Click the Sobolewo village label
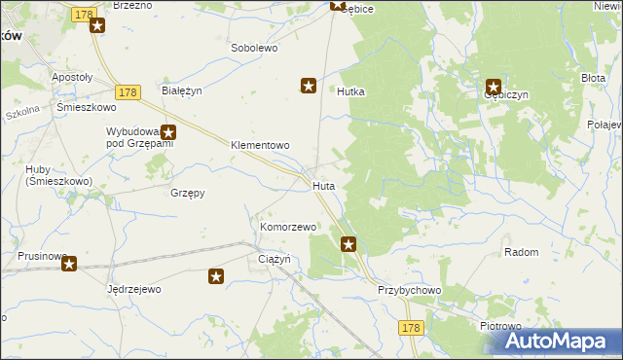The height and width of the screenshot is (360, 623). pos(255,47)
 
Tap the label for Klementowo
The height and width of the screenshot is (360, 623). pos(260,145)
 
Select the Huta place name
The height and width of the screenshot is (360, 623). pos(324,184)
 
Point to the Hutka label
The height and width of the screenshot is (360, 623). pos(350,91)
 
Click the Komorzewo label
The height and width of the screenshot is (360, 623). pos(288,227)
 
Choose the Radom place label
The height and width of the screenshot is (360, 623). pos(522,252)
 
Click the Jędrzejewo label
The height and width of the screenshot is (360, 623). pos(133,289)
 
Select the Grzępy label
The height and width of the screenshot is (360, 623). pos(187,193)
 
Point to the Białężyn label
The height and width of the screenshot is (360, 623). pos(181,90)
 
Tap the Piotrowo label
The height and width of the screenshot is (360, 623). pos(501,326)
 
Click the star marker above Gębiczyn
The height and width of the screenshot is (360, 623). pos(494,86)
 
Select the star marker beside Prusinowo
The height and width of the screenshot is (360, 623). pos(69,263)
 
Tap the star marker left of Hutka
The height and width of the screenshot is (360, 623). pos(309,87)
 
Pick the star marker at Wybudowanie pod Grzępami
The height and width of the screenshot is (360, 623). pos(168,133)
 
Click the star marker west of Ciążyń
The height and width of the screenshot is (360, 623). pos(216,277)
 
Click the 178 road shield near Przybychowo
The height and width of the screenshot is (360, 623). pos(410,329)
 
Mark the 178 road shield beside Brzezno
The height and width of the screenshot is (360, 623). pos(85,14)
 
